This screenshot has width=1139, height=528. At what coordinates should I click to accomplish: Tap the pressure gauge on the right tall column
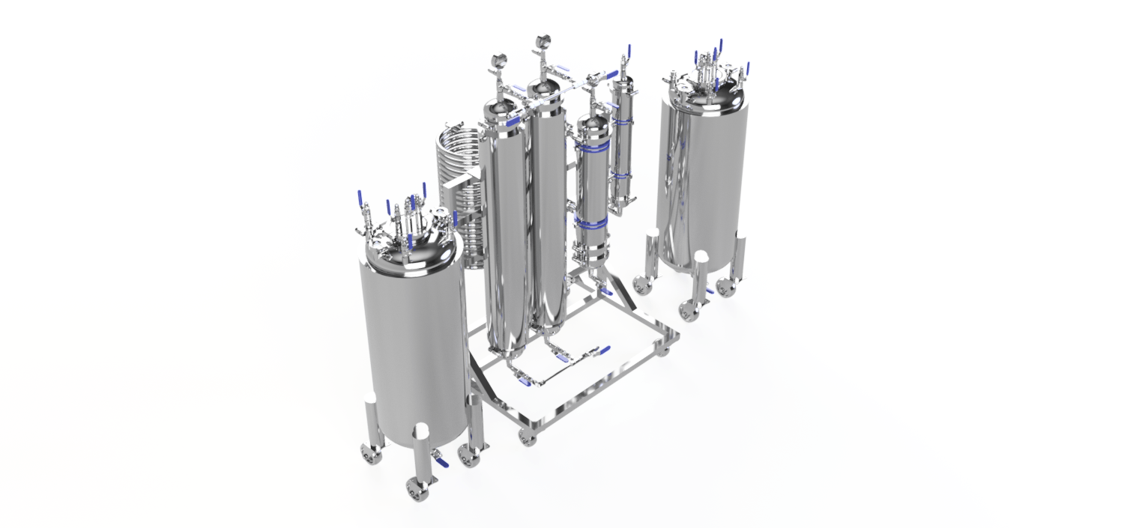pos(541,42)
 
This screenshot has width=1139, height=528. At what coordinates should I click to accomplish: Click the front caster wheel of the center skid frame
pos(528,437)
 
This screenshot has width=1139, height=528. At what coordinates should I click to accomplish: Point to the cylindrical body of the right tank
pos(704,180)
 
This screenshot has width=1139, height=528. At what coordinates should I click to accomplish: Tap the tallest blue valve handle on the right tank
pos(721,46)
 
